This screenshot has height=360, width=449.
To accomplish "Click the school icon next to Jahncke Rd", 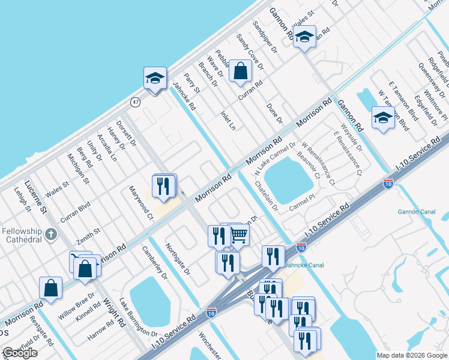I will point(155,79).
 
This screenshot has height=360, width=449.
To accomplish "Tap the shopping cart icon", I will point(238,235).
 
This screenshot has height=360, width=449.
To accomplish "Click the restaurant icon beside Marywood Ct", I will point(164,186).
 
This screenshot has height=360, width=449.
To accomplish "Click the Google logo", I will point(20,353).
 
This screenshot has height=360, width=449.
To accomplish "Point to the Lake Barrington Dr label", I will point(137,317).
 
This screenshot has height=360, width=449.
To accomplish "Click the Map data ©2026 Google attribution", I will point(411,355).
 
